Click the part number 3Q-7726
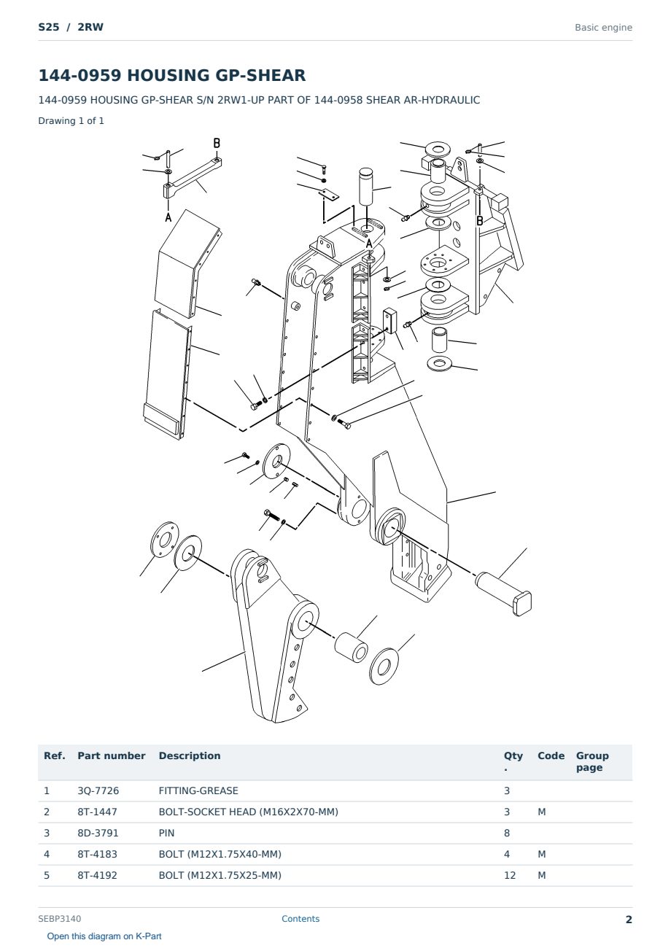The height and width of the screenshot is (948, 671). coord(98,790)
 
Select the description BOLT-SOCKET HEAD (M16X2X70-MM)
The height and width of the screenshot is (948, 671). coord(248,812)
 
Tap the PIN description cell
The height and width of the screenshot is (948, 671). coord(166,833)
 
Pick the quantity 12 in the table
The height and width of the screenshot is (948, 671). coord(510,875)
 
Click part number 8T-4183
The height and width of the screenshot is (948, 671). coord(97,854)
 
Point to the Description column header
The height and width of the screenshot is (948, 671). coord(189,756)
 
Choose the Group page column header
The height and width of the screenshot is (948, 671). coord(592,761)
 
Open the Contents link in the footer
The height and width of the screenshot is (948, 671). coord(300,918)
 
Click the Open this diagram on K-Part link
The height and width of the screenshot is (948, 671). coord(104,936)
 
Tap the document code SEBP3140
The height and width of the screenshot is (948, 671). coord(59,918)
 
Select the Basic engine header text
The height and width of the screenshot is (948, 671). coord(603,28)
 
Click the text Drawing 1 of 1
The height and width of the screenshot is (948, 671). coord(71,120)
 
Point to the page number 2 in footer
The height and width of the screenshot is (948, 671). coord(629,920)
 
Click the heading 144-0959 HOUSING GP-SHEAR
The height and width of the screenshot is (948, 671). coord(172,75)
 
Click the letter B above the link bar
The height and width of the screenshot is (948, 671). coord(217,143)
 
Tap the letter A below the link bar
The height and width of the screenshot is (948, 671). coord(168,217)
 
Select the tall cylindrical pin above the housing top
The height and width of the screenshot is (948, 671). coord(367,186)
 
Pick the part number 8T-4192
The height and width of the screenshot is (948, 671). coord(97,875)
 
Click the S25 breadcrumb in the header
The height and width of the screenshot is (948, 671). coord(49,27)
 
